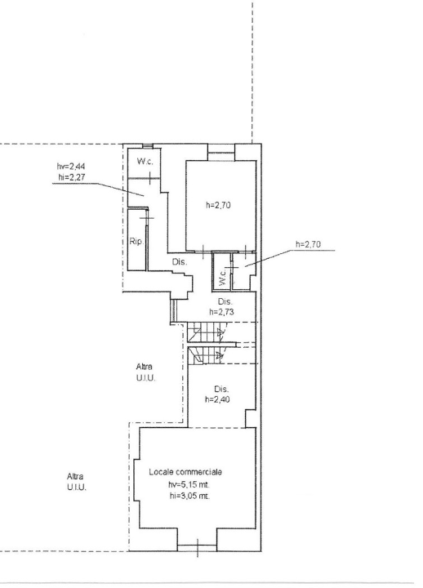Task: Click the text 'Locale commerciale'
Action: (x=185, y=472)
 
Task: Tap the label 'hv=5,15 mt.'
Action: (x=186, y=484)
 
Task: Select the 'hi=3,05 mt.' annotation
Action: (x=189, y=496)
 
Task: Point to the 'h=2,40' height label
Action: (x=217, y=399)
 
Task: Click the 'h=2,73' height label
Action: (x=221, y=312)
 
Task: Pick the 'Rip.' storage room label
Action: (x=136, y=242)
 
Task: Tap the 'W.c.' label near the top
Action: (x=145, y=162)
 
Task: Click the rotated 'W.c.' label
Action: (x=222, y=276)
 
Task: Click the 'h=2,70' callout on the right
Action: (x=308, y=244)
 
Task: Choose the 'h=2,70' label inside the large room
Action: (x=218, y=205)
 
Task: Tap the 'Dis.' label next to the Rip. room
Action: (x=180, y=262)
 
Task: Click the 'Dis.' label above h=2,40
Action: (x=221, y=389)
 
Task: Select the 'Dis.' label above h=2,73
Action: (x=225, y=301)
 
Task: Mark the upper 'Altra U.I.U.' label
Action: (x=145, y=372)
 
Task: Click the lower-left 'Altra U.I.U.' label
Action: (x=77, y=483)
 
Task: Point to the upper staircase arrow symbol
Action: (x=220, y=332)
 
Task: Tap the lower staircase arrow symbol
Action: (x=220, y=354)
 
